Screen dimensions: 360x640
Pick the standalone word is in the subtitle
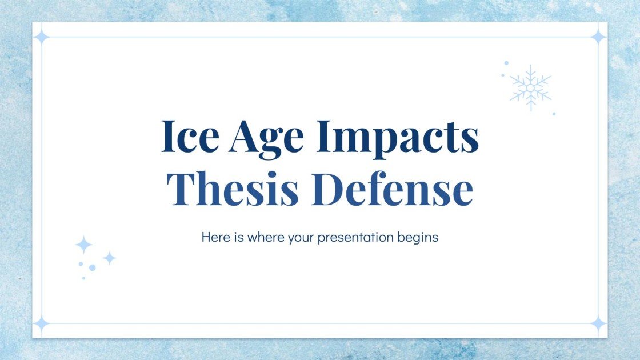[x=239, y=237]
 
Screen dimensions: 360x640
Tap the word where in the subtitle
[x=264, y=237]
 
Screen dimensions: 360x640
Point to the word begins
[x=418, y=237]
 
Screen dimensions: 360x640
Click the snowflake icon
[x=530, y=87]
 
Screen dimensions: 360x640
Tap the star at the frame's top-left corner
[x=41, y=37]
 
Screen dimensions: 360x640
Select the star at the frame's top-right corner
[x=598, y=37]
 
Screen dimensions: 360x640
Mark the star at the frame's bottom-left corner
[x=41, y=324]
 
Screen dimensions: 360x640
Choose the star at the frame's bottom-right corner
[x=598, y=324]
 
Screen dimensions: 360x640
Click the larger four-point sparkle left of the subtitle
[x=83, y=245]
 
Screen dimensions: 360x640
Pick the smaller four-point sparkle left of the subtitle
[x=109, y=258]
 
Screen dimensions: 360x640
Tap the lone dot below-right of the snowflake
[x=554, y=114]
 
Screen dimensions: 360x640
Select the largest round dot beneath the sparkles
[x=92, y=267]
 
